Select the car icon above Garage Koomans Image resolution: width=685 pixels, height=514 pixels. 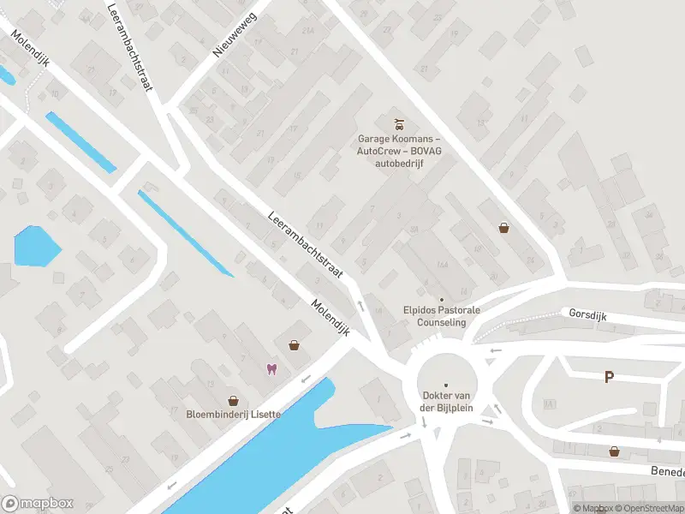point(397,124)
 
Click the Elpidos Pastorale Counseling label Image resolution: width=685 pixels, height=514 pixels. point(441,316)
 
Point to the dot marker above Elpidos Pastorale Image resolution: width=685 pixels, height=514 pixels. point(441,299)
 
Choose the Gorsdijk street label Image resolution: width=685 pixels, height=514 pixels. point(587,314)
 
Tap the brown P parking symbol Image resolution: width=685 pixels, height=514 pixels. point(609,377)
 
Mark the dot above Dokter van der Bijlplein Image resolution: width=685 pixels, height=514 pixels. point(446,385)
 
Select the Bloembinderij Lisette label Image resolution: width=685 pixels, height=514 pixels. point(233,414)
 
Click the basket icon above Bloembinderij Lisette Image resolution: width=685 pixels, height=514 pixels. point(233,399)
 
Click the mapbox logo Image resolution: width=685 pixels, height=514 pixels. point(38,504)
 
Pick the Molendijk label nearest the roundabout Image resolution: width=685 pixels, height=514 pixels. point(331,317)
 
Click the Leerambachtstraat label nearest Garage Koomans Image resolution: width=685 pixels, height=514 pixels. point(305,245)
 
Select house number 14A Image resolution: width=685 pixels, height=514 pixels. point(442,266)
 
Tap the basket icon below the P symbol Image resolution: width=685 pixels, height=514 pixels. point(614,451)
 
